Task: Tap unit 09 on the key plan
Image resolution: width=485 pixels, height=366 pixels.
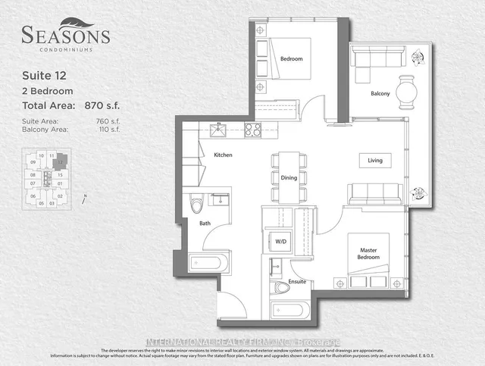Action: point(33,163)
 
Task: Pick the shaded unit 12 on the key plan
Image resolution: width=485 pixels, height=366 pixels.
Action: point(60,162)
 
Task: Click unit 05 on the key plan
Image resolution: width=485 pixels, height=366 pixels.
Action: point(42,203)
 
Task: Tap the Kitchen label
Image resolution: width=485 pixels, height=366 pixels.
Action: point(222,155)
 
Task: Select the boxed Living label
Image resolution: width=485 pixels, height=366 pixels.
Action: point(375,161)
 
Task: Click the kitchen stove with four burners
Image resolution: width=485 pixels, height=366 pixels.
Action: point(252,128)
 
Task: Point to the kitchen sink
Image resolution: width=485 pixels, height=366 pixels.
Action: point(220,129)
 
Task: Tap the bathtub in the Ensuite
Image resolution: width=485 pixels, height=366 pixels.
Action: point(289,311)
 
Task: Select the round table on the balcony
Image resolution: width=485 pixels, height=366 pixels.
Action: point(410,93)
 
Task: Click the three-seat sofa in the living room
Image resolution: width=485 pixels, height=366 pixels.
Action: point(375,194)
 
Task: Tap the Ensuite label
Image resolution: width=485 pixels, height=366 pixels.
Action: point(297,281)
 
